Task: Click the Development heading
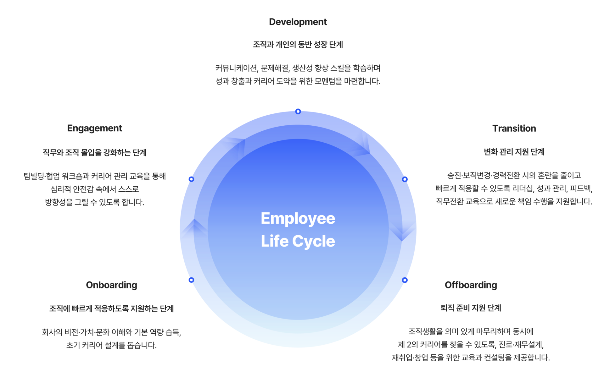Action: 298,22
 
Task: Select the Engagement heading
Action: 94,128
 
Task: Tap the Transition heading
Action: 514,128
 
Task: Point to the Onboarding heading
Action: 111,285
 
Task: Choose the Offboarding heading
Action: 471,285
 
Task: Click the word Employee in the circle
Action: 298,219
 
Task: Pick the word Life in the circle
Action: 274,241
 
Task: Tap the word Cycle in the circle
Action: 313,241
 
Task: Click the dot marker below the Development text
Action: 298,111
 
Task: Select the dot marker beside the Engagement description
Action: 191,179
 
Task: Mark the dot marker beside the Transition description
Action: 405,179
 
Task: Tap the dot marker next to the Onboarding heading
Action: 191,280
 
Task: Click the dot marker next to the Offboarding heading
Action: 405,280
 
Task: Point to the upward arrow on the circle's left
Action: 194,228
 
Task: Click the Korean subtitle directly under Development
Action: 298,45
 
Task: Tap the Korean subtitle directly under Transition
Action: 514,152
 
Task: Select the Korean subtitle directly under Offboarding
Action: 471,308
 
